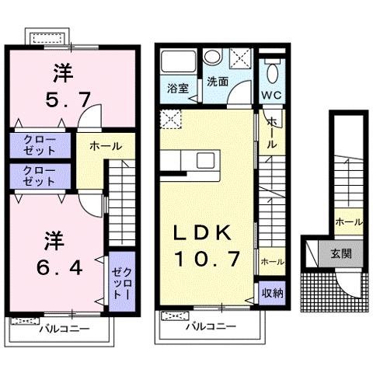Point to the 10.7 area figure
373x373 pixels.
pos(205,257)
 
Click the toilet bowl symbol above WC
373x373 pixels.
pos(270,72)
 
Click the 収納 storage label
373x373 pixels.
pos(270,293)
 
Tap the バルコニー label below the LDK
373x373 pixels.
pos(210,326)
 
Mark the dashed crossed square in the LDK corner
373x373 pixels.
pos(169,119)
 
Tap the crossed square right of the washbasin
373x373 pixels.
pos(240,58)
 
